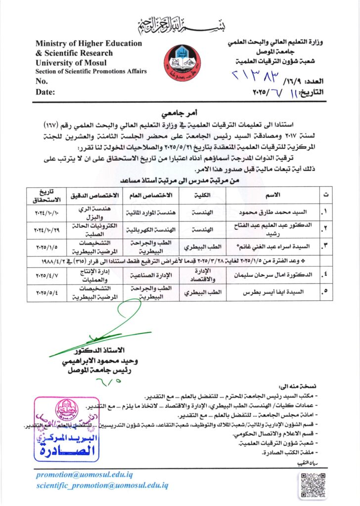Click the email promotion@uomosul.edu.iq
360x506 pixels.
pos(84,474)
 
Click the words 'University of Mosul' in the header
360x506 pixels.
pos(74,63)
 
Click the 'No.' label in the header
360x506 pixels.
pos(42,82)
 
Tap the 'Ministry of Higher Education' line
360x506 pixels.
pos(89,43)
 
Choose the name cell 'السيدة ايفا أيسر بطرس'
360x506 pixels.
pos(272,292)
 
